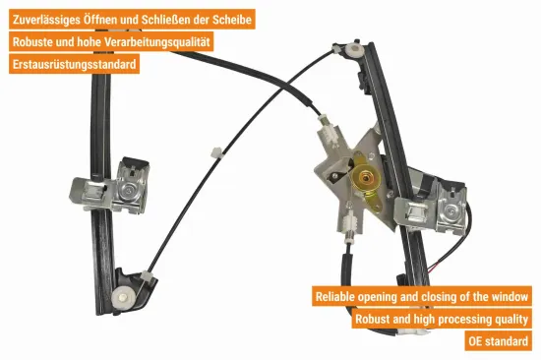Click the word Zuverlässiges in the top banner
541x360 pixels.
click(x=46, y=20)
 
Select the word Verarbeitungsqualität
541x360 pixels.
click(x=157, y=42)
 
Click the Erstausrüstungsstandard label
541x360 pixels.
click(x=74, y=64)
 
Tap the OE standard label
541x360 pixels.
click(x=499, y=341)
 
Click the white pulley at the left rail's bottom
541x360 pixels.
click(x=122, y=297)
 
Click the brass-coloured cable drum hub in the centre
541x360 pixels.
click(x=365, y=178)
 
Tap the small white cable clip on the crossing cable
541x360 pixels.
click(x=216, y=152)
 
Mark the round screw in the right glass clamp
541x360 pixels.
click(x=451, y=211)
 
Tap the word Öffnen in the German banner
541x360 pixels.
click(x=99, y=20)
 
